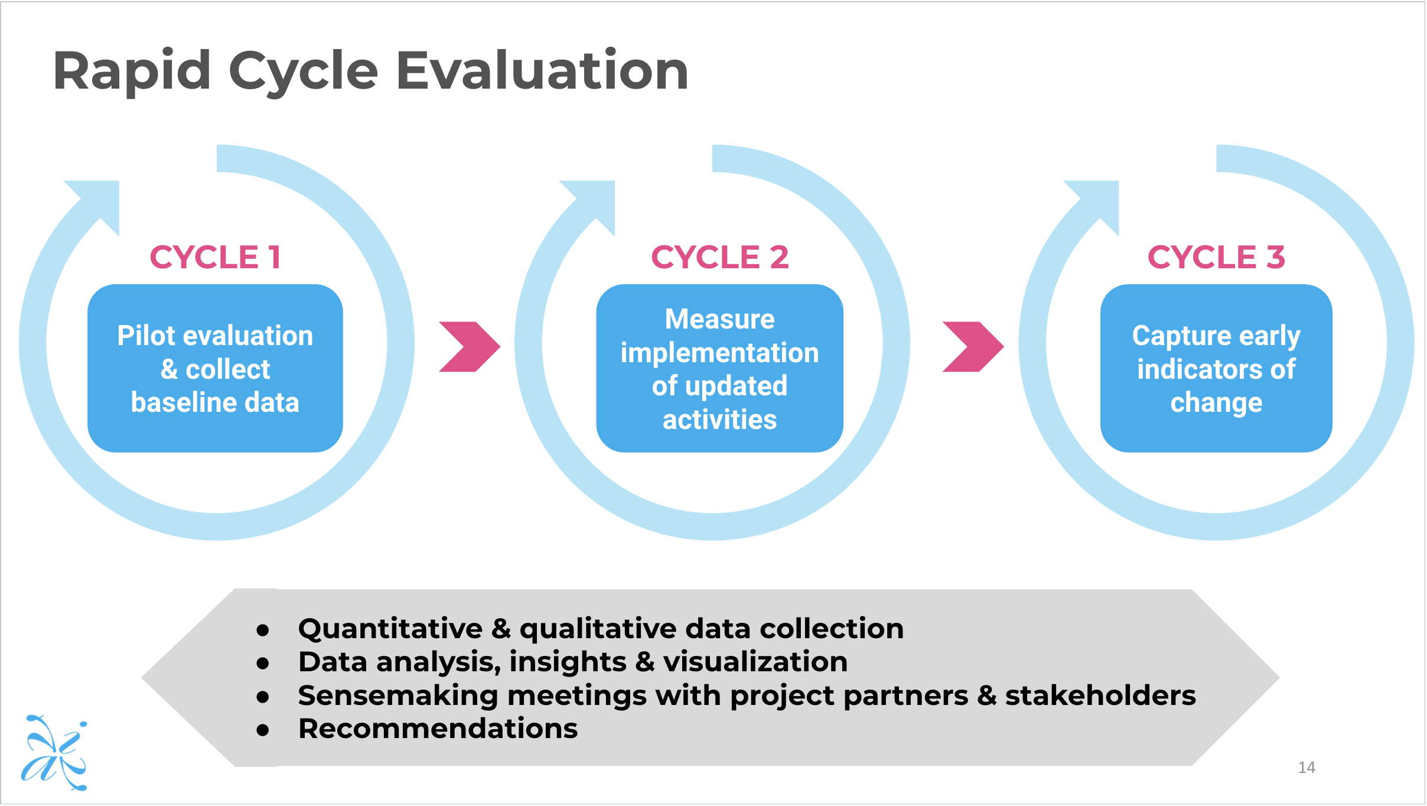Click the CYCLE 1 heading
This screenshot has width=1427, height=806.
[x=215, y=257]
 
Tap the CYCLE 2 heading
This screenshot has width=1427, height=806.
[x=719, y=257]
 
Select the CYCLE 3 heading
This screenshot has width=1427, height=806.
[x=1216, y=257]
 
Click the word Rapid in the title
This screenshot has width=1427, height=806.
[x=132, y=71]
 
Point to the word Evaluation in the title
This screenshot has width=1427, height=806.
[x=542, y=71]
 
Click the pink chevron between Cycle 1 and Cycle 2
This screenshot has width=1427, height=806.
[x=470, y=347]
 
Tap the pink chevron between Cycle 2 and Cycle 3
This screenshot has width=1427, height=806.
[x=973, y=347]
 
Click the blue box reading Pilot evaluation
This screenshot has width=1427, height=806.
[x=215, y=368]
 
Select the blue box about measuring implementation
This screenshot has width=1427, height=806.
[x=719, y=368]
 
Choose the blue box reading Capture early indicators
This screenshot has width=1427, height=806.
[x=1216, y=368]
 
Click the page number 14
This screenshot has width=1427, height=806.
[x=1306, y=768]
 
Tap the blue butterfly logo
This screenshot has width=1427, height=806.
[x=54, y=752]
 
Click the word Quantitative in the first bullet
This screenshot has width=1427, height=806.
[x=390, y=628]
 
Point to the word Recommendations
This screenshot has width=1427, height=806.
[x=438, y=729]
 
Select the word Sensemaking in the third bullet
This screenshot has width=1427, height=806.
[x=398, y=695]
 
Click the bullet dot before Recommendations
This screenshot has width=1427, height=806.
[x=263, y=730]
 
